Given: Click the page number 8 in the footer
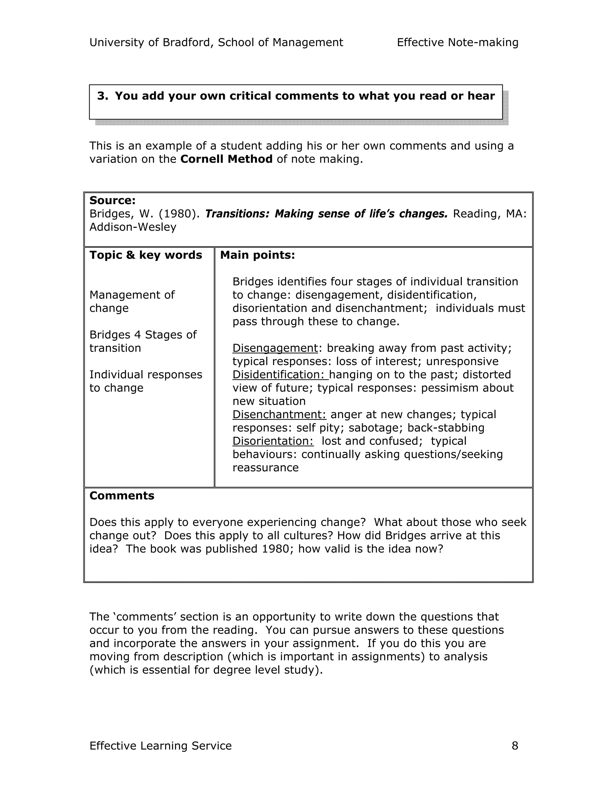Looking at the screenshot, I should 515,745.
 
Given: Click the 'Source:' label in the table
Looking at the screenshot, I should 112,201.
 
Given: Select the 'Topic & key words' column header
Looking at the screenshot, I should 145,255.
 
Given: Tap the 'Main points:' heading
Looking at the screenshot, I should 257,255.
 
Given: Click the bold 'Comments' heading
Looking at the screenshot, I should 122,496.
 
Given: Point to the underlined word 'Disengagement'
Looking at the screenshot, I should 275,348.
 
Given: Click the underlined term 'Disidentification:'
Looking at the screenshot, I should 280,375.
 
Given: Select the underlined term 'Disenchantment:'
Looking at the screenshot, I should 279,414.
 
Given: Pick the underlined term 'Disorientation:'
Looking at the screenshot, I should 273,441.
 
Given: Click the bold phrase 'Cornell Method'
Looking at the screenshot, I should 226,159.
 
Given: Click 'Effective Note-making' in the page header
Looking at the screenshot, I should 457,42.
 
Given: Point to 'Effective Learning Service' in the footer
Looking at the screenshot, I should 160,745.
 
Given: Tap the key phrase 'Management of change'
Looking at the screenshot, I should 132,301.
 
